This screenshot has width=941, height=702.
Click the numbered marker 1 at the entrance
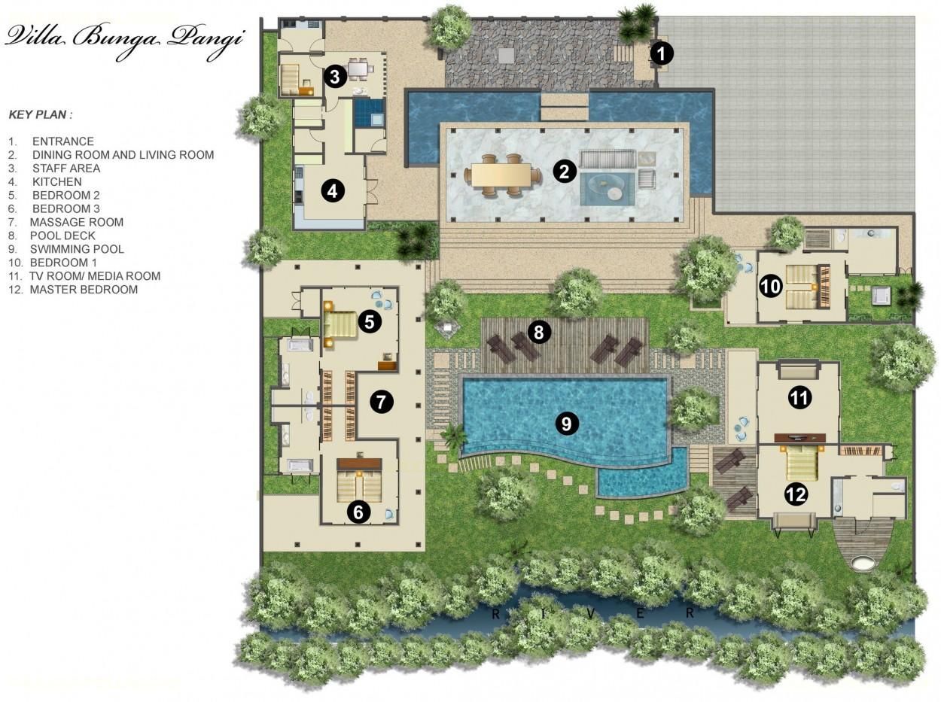tap(662, 53)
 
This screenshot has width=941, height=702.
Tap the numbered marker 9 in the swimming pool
tap(567, 424)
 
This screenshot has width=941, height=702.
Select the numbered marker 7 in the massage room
tap(381, 402)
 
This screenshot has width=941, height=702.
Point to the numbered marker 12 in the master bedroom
tap(796, 494)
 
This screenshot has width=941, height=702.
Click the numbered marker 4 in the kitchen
tap(333, 191)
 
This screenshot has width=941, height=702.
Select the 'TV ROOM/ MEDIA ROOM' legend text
tap(95, 276)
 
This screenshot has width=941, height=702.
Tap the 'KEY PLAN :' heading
tap(41, 114)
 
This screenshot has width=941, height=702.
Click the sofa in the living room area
tap(608, 159)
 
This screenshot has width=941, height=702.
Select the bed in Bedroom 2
tap(340, 324)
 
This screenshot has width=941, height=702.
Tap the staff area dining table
tap(358, 68)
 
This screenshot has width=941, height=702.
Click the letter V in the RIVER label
tap(591, 614)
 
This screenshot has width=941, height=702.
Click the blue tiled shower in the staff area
tap(369, 113)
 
